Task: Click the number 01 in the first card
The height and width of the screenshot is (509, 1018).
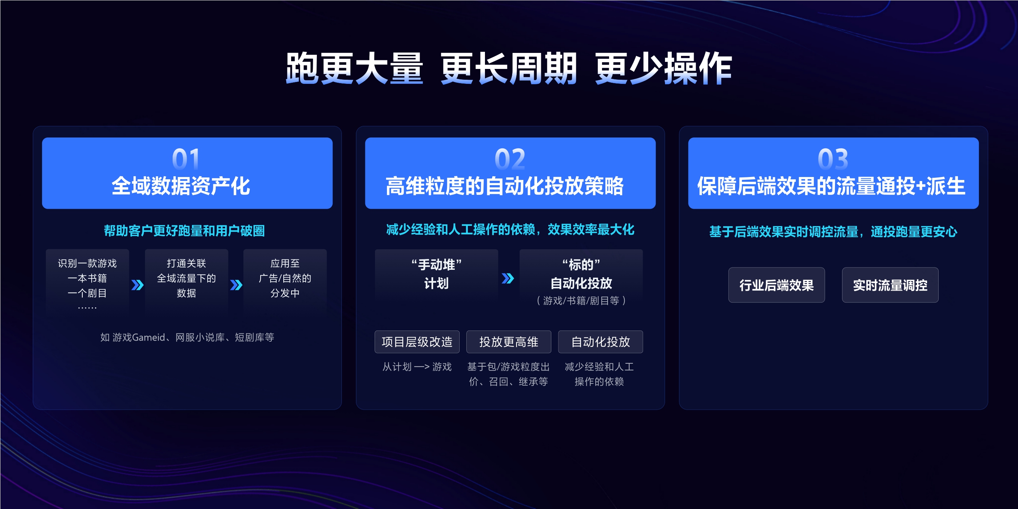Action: tap(186, 159)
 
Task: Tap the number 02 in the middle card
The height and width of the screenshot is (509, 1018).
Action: tap(510, 159)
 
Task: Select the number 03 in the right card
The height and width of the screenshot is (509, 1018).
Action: tap(833, 159)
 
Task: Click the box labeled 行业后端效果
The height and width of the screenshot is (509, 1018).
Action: tap(776, 285)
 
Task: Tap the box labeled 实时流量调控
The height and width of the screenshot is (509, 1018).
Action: tap(890, 285)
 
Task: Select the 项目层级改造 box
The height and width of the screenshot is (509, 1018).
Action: tap(417, 342)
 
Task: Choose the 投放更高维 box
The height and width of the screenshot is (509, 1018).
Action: tap(508, 342)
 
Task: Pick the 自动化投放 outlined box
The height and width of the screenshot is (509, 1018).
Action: tap(600, 342)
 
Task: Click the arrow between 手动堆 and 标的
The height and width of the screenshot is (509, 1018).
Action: tap(508, 278)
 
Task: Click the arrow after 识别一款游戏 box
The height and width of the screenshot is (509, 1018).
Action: tap(137, 285)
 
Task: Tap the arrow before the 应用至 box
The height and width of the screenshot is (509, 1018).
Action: tap(236, 285)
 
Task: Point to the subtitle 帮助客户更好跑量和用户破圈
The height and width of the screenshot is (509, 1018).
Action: tap(184, 230)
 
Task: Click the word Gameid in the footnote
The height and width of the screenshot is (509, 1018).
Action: tap(148, 337)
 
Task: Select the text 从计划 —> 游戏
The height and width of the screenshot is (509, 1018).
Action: tap(417, 367)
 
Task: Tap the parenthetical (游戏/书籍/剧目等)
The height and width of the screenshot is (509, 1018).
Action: tap(581, 301)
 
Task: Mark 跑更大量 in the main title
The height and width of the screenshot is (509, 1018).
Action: tap(354, 69)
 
